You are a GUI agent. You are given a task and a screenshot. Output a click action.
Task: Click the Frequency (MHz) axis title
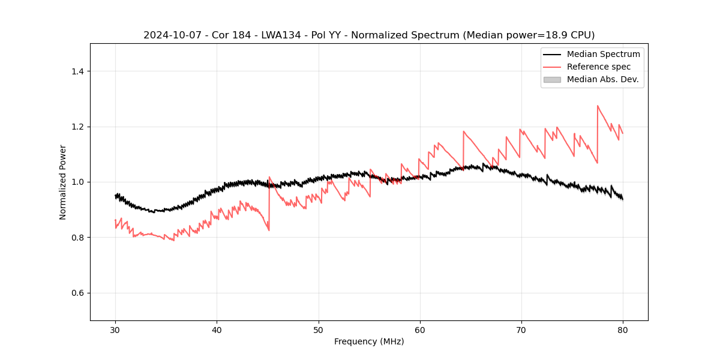pos(369,341)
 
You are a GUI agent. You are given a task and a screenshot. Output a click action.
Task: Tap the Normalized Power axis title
pos(63,182)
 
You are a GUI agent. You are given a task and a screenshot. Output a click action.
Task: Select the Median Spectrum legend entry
pos(603,54)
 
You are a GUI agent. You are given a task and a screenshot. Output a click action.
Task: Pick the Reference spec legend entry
pos(599,67)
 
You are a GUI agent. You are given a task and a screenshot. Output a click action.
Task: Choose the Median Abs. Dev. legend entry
pos(602,79)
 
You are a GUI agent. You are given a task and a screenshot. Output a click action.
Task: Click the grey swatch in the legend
pos(552,79)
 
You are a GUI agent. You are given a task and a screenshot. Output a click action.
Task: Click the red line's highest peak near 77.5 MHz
pos(598,106)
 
